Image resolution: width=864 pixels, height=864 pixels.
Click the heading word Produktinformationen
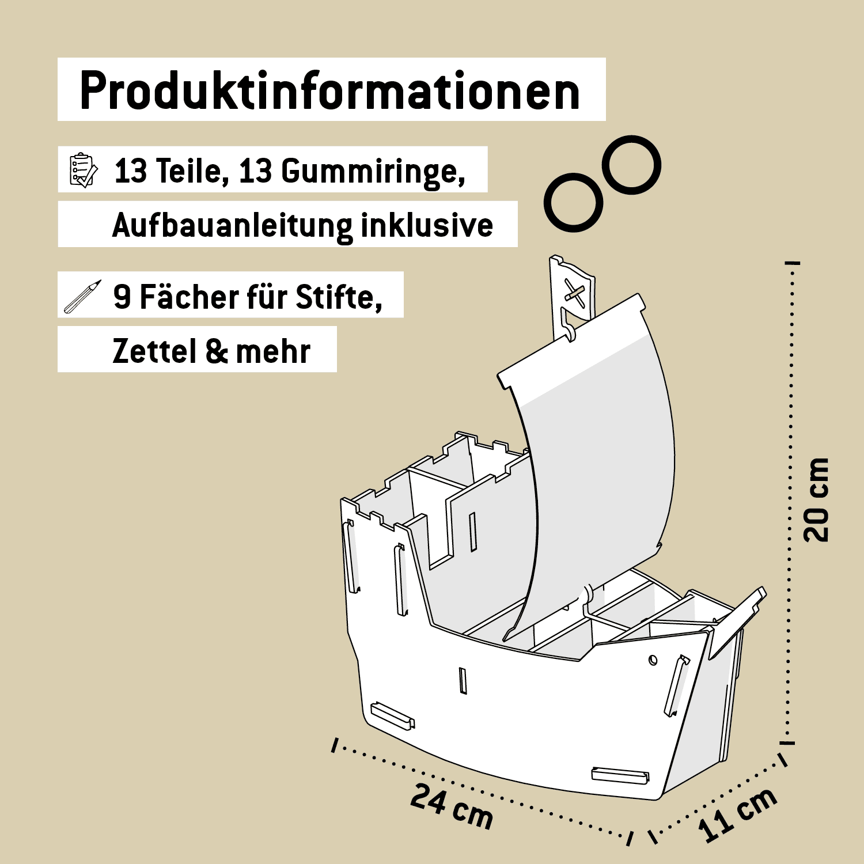click(x=330, y=91)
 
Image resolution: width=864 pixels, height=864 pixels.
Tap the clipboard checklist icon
click(x=83, y=170)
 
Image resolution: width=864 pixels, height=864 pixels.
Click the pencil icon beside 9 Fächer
click(x=82, y=297)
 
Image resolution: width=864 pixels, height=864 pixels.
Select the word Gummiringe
click(x=373, y=171)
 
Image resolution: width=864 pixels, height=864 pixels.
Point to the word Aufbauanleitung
click(x=232, y=225)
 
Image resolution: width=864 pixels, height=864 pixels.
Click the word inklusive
click(x=427, y=225)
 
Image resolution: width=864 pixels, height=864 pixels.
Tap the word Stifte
click(x=339, y=297)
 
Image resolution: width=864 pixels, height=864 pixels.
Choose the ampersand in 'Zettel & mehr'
click(x=217, y=351)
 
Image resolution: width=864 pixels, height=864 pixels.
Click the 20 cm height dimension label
click(x=816, y=500)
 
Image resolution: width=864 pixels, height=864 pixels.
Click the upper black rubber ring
click(x=632, y=165)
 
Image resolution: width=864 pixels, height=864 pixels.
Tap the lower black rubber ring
click(x=573, y=203)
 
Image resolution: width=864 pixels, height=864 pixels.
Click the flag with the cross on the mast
click(x=574, y=294)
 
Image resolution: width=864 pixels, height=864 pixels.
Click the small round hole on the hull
click(x=653, y=660)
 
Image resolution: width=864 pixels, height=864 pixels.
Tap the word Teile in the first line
click(x=188, y=171)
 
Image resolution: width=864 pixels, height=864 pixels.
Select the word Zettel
click(x=154, y=351)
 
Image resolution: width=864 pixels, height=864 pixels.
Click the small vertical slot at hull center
click(x=463, y=680)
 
